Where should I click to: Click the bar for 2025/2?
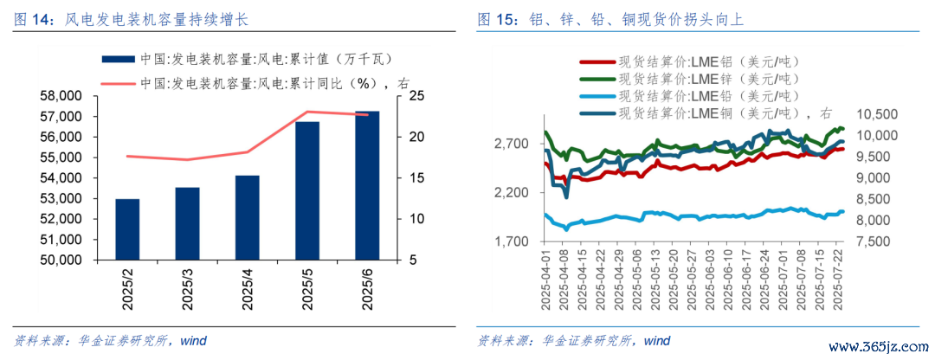pyautogui.click(x=127, y=229)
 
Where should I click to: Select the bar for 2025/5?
pyautogui.click(x=307, y=190)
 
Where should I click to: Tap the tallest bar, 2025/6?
pyautogui.click(x=367, y=185)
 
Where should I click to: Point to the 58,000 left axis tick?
pyautogui.click(x=62, y=96)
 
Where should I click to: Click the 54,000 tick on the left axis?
pyautogui.click(x=62, y=178)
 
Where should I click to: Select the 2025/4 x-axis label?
pyautogui.click(x=248, y=288)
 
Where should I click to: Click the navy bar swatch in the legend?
pyautogui.click(x=119, y=59)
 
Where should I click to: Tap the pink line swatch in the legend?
pyautogui.click(x=119, y=83)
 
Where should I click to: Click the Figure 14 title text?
pyautogui.click(x=132, y=20)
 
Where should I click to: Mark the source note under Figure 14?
pyautogui.click(x=110, y=342)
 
